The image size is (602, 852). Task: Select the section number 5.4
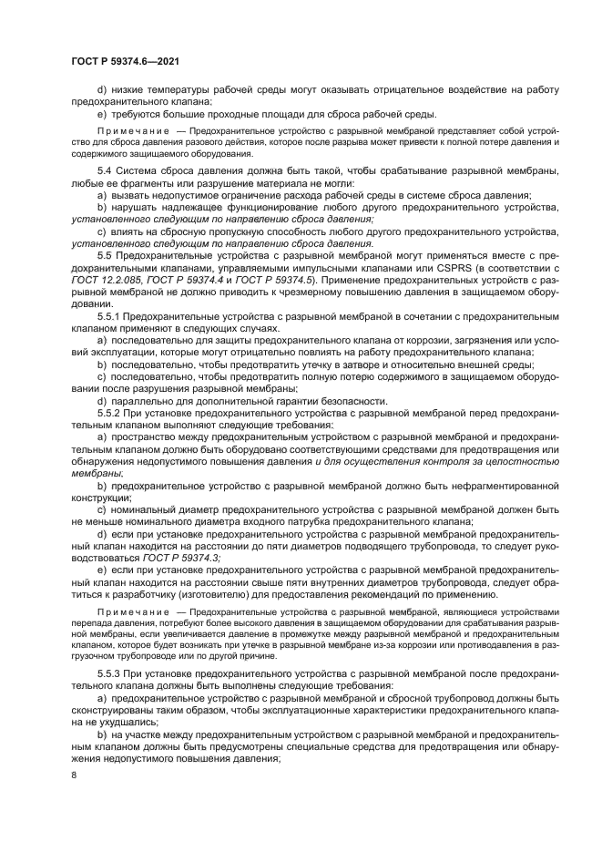point(107,170)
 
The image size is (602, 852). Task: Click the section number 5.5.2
point(111,412)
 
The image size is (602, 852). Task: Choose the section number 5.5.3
point(111,671)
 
